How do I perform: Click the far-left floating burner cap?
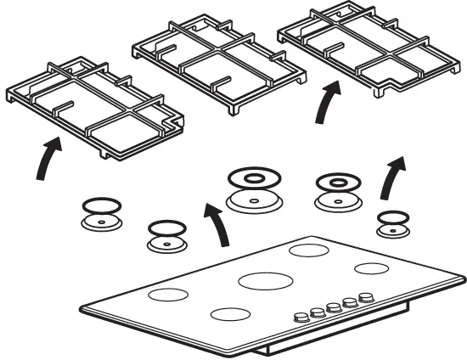tap(99, 213)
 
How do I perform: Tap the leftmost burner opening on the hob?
tap(167, 295)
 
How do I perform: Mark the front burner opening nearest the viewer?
tap(230, 313)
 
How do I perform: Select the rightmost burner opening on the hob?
tap(372, 269)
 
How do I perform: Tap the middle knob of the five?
tap(334, 307)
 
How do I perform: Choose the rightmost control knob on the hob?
tap(366, 298)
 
